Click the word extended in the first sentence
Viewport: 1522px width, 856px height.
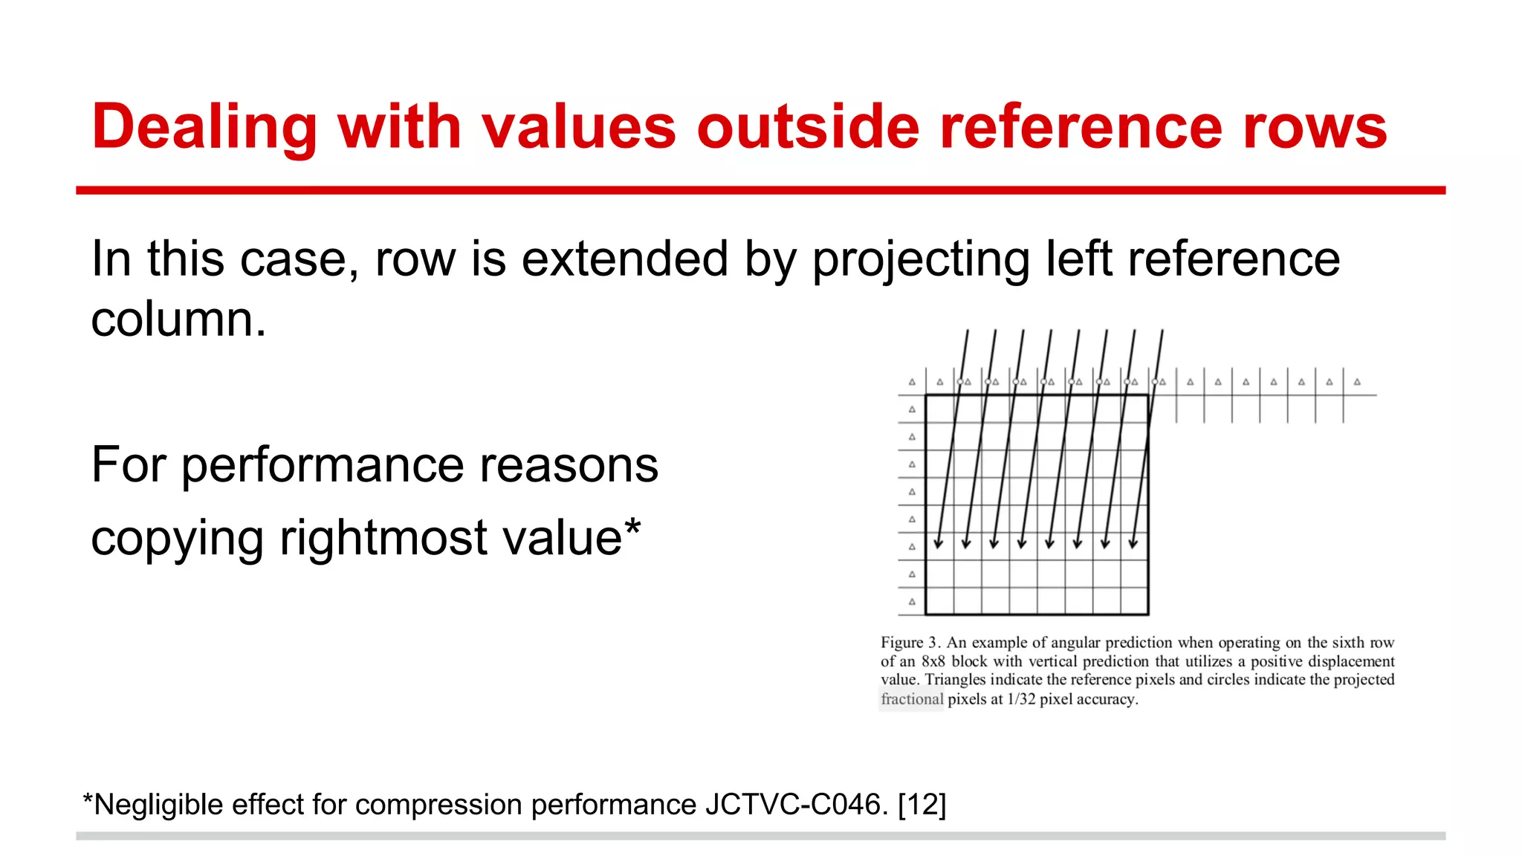tap(624, 259)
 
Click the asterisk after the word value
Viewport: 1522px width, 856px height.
tap(632, 529)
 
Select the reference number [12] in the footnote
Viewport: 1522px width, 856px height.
tap(922, 805)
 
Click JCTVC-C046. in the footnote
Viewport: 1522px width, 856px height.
tap(797, 805)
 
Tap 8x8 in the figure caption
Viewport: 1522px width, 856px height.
tap(933, 661)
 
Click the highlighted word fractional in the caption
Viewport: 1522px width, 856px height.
tap(912, 699)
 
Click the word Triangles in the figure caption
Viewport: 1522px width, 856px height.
tap(955, 680)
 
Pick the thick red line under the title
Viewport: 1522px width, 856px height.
tap(760, 191)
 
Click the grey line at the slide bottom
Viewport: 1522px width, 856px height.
tap(760, 836)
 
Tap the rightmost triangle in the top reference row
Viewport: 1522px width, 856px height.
tap(1357, 382)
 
